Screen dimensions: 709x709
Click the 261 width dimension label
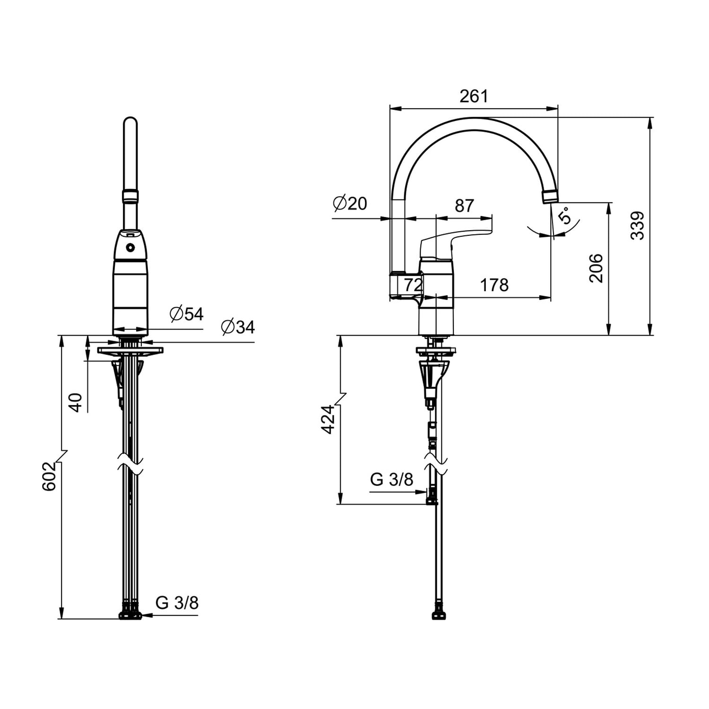click(473, 96)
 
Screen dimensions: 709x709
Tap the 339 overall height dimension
click(637, 225)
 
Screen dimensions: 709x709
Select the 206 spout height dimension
click(596, 268)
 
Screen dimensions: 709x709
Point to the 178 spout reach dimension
click(494, 285)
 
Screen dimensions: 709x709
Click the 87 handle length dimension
click(464, 206)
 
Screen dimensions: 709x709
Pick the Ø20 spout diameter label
click(350, 203)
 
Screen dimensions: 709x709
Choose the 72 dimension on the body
click(412, 285)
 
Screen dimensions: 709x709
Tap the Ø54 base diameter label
click(186, 314)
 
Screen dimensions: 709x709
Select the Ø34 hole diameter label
click(238, 327)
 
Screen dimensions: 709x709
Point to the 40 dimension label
click(76, 402)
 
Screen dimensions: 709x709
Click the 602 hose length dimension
click(49, 476)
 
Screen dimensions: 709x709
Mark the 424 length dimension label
click(328, 419)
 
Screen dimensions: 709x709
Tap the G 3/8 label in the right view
click(391, 479)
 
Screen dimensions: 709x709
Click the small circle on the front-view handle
click(130, 248)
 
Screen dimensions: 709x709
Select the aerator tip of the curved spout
click(550, 197)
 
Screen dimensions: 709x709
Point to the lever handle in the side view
click(454, 240)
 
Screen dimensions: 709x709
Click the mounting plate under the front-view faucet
click(130, 351)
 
